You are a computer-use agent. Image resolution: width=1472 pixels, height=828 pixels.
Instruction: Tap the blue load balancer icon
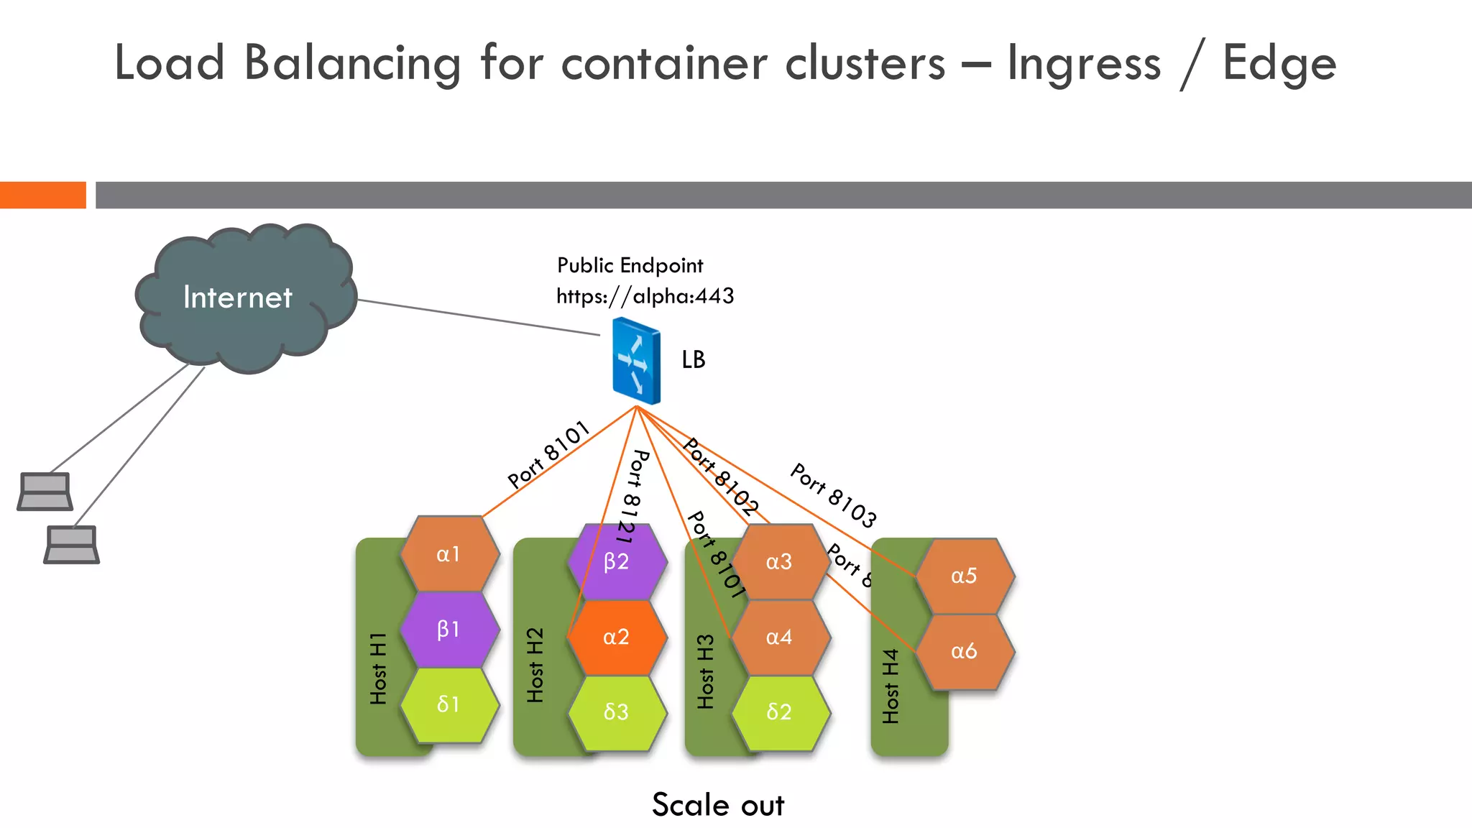[636, 361]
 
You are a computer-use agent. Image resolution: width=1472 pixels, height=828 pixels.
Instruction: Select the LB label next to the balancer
[694, 359]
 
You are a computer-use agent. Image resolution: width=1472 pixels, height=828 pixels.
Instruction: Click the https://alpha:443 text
[645, 296]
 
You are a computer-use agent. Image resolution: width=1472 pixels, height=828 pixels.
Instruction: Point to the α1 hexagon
[449, 554]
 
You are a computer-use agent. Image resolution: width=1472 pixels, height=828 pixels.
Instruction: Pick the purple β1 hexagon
[449, 630]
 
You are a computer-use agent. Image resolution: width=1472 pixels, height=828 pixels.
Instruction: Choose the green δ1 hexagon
[449, 704]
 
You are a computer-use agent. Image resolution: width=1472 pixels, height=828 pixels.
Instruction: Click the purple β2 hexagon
[617, 562]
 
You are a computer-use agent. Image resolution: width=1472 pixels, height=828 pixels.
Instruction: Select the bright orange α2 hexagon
[617, 638]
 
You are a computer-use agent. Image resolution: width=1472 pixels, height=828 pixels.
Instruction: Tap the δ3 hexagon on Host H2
[617, 712]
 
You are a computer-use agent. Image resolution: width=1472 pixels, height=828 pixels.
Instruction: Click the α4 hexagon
[780, 638]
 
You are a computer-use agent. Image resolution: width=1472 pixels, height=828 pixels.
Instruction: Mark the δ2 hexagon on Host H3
[780, 712]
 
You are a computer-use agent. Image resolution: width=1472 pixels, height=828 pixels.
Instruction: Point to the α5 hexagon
[965, 576]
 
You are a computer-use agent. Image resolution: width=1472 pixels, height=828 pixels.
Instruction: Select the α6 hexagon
[965, 651]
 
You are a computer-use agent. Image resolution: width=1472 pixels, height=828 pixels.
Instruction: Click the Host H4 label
[891, 686]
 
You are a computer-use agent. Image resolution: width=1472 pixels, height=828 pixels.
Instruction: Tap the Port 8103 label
[834, 495]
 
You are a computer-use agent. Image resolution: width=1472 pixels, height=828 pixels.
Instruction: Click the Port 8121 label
[632, 496]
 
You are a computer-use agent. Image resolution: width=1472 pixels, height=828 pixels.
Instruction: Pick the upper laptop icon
[45, 492]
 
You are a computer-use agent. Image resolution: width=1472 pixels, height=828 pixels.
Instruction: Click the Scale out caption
[717, 805]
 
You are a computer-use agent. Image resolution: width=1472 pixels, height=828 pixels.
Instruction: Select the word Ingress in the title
[1084, 63]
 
